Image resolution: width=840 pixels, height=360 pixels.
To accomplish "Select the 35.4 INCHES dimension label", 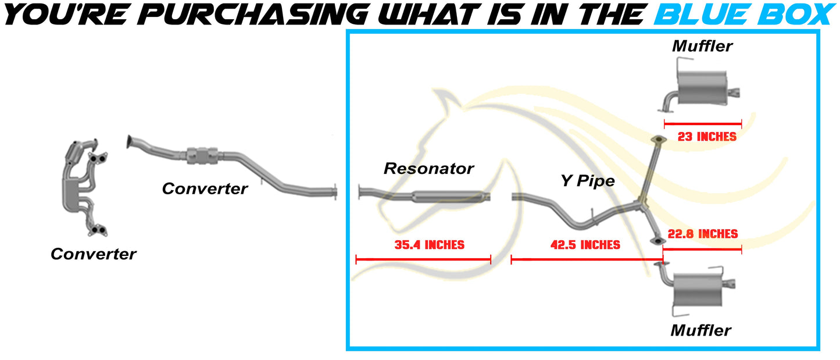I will point(429,245).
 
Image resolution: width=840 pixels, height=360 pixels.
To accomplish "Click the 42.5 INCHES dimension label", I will point(585,245).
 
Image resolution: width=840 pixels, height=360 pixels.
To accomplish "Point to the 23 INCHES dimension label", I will point(707,137).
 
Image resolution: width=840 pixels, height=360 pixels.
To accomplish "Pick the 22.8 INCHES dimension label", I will point(702,234).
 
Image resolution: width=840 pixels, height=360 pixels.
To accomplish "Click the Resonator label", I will point(428,169).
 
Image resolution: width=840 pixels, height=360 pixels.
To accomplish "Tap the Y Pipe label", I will point(587,181).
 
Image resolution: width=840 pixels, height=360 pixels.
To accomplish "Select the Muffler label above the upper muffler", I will point(702,46).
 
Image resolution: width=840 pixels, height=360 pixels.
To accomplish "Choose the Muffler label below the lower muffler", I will point(700,331).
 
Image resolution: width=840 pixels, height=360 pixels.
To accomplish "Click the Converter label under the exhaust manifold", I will point(93,254).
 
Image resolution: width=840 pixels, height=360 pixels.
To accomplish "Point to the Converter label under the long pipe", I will point(205,188).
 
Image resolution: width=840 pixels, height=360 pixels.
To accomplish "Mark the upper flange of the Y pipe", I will point(658,140).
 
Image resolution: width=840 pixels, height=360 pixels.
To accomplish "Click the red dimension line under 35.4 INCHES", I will point(423,259).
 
